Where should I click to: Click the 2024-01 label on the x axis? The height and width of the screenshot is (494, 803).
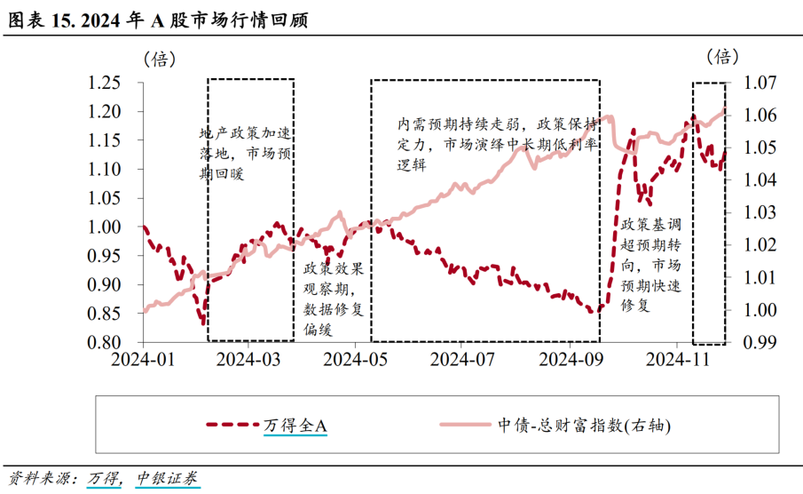click(x=143, y=359)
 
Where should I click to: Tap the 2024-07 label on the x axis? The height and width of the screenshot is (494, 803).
click(x=461, y=359)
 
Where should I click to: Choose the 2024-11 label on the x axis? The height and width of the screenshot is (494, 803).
click(x=675, y=359)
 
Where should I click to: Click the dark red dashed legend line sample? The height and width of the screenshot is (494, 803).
click(x=232, y=426)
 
